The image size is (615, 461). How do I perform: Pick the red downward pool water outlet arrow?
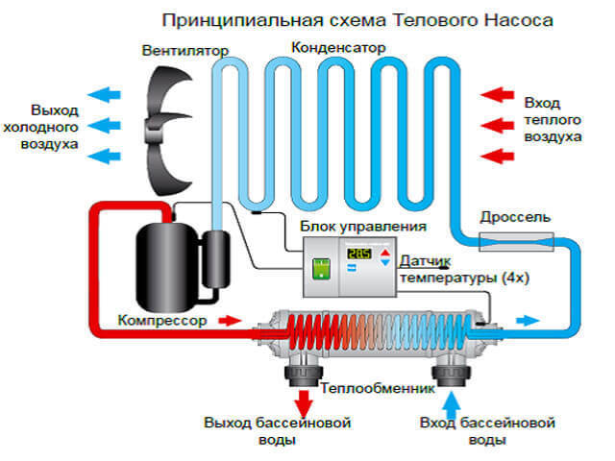click(x=304, y=398)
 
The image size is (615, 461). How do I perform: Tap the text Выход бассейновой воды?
click(x=277, y=431)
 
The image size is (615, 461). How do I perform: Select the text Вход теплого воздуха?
click(x=553, y=119)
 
